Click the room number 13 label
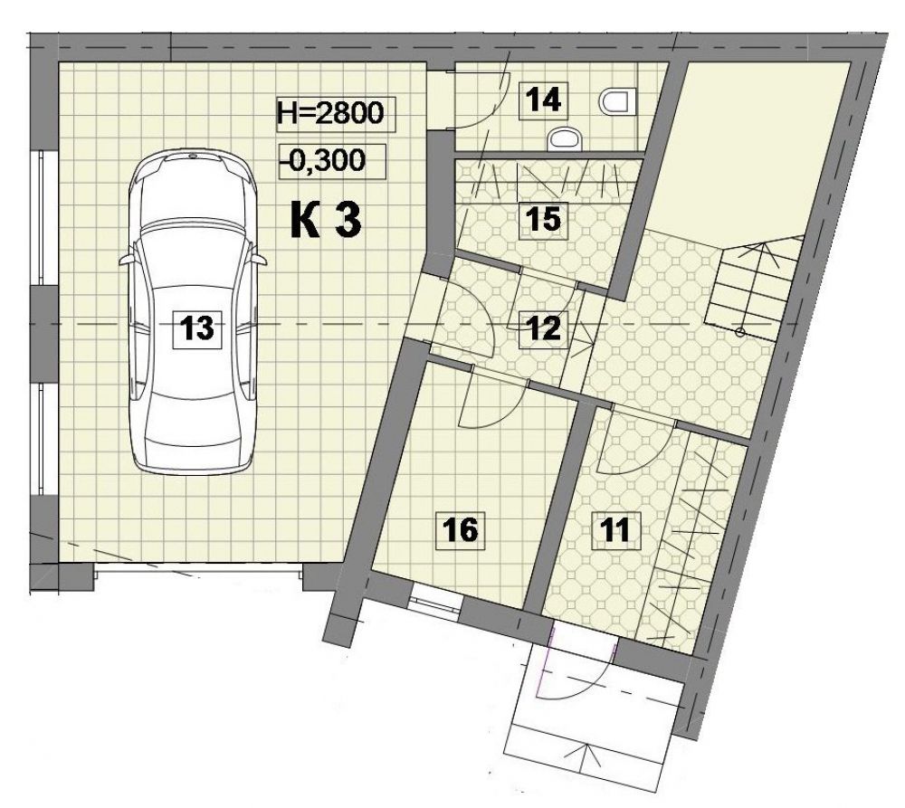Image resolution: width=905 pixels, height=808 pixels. click(x=196, y=328)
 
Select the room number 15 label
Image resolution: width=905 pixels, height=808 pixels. click(x=544, y=219)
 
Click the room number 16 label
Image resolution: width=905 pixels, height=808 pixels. click(x=460, y=529)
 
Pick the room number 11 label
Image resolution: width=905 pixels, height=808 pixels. click(x=615, y=529)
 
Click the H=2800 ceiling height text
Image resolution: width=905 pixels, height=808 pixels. click(x=330, y=113)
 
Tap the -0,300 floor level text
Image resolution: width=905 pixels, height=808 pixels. click(x=324, y=160)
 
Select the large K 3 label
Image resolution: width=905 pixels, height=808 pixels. click(x=326, y=221)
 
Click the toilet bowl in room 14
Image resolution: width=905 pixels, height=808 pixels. click(x=616, y=102)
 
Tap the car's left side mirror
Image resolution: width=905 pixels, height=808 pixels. click(x=127, y=259)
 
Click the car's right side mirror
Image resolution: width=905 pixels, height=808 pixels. click(x=259, y=259)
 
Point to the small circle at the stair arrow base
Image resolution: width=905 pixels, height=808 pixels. click(x=740, y=331)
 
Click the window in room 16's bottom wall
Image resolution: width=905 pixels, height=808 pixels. click(x=436, y=604)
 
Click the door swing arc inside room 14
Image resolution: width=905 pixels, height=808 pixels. click(x=495, y=101)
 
